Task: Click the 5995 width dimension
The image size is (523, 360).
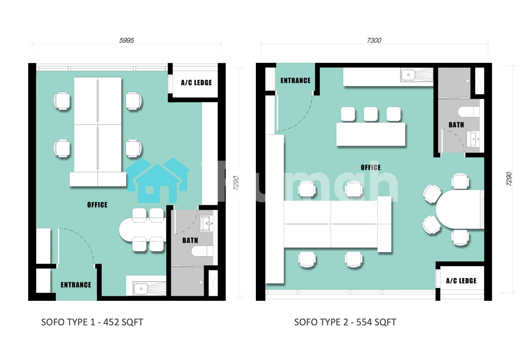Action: [x=127, y=40]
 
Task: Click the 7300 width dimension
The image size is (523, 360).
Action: [x=374, y=40]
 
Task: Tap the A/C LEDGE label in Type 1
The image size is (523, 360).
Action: [x=196, y=83]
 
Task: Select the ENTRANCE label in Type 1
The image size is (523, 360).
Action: [x=76, y=285]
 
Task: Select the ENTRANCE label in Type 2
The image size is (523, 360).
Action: [x=295, y=81]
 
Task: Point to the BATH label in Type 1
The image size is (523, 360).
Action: [x=190, y=240]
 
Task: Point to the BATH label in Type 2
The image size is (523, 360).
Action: [x=456, y=125]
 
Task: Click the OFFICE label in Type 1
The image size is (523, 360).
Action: [x=97, y=205]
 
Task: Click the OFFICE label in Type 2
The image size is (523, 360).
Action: [x=371, y=168]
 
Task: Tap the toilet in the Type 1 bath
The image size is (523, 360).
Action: [x=202, y=252]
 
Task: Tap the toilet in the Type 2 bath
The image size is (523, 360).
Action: [x=469, y=112]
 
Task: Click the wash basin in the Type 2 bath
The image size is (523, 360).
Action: [x=473, y=139]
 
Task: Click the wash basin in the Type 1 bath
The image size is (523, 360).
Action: [x=206, y=223]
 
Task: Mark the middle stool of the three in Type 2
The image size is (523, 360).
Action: [x=371, y=114]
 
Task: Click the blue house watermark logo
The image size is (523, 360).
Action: [x=157, y=180]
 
